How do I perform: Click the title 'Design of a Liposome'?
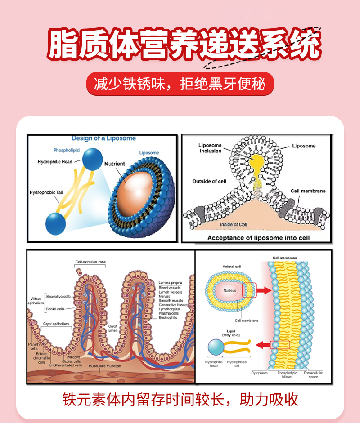103,138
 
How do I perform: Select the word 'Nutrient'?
115,164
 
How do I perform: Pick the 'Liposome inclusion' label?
210,148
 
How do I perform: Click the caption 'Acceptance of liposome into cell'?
258,238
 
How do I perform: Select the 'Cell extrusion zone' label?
90,262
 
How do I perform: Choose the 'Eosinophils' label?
168,317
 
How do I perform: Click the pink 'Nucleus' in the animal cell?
229,291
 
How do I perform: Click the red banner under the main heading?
180,84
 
